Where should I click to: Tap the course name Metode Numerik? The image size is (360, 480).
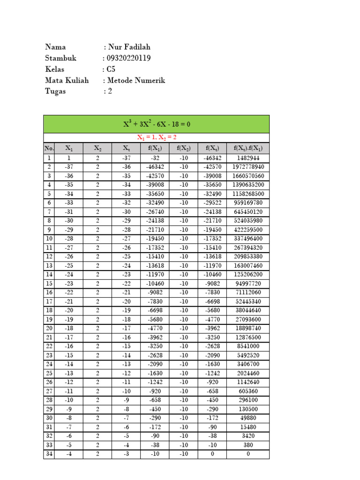pyautogui.click(x=136, y=81)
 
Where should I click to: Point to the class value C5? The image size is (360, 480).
pyautogui.click(x=111, y=69)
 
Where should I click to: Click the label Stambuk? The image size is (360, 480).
pyautogui.click(x=60, y=58)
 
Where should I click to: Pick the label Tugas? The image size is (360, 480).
pyautogui.click(x=55, y=91)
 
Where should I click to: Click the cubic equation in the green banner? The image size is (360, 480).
pyautogui.click(x=156, y=124)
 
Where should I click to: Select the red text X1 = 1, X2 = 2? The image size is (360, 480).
pyautogui.click(x=156, y=137)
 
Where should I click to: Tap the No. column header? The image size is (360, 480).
pyautogui.click(x=49, y=149)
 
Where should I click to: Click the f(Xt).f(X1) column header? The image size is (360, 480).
pyautogui.click(x=248, y=149)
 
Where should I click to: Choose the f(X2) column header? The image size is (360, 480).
pyautogui.click(x=183, y=149)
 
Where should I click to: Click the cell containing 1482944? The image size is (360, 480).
pyautogui.click(x=248, y=158)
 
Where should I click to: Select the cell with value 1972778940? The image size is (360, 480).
pyautogui.click(x=248, y=167)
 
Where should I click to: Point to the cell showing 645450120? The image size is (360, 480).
pyautogui.click(x=248, y=212)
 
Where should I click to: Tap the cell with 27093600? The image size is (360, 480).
pyautogui.click(x=248, y=319)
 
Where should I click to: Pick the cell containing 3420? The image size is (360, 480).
pyautogui.click(x=248, y=436)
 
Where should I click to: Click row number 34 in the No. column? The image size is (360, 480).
pyautogui.click(x=49, y=454)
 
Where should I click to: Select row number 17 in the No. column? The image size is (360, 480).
pyautogui.click(x=49, y=301)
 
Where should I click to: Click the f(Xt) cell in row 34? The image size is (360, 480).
pyautogui.click(x=212, y=454)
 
